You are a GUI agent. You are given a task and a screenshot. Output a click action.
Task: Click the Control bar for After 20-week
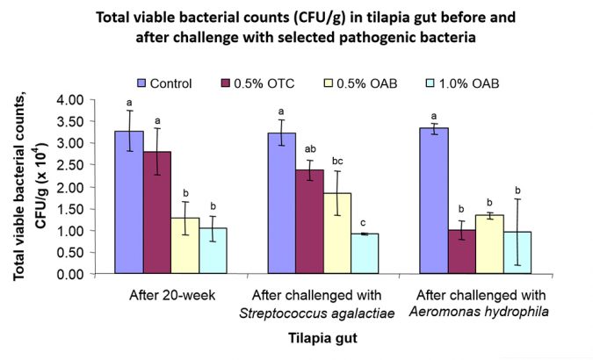[129, 203]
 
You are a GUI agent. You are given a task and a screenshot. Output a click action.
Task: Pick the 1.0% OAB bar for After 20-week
[213, 251]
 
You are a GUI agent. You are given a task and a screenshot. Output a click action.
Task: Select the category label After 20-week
[171, 295]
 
